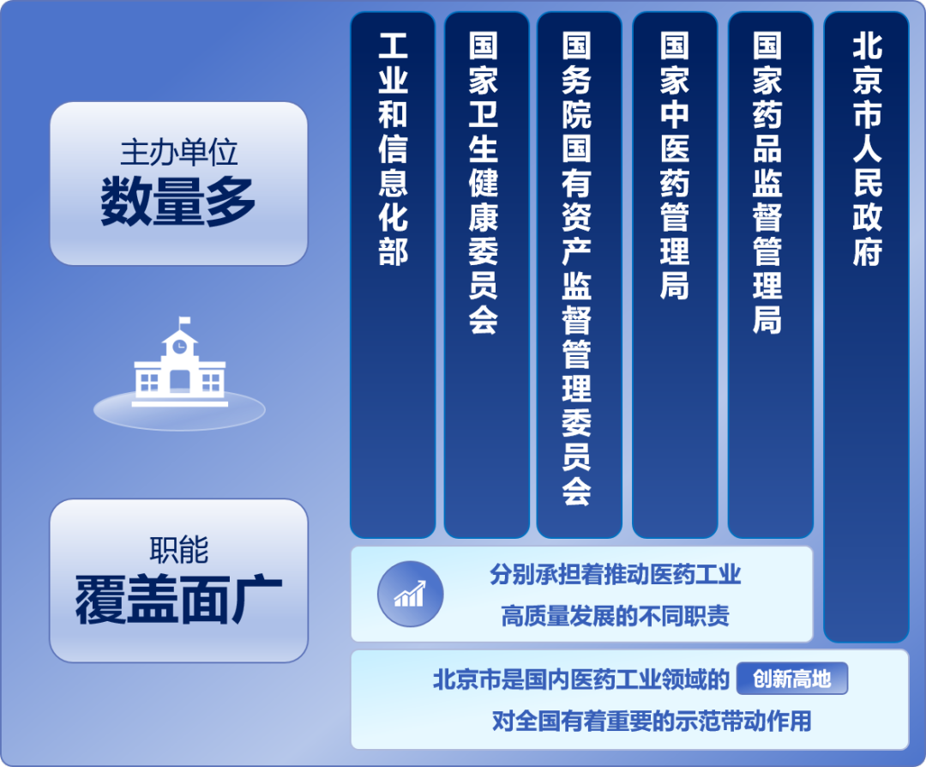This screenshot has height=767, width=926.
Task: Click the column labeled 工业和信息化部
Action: click(393, 275)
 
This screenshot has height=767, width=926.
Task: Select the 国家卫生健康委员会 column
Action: click(486, 275)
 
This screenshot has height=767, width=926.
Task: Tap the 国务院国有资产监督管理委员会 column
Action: click(579, 275)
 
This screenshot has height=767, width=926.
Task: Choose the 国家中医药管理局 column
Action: click(675, 275)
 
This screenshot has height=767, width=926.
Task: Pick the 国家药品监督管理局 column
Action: click(770, 275)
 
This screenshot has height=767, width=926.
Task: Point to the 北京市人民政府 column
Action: click(866, 326)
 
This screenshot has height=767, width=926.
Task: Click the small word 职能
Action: click(178, 551)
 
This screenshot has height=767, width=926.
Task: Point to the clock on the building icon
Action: click(179, 347)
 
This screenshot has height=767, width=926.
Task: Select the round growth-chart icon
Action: click(410, 594)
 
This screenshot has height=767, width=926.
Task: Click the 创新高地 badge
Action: click(791, 679)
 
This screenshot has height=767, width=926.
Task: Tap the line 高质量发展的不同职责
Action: click(615, 615)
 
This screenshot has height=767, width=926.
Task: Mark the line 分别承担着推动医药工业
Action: click(615, 574)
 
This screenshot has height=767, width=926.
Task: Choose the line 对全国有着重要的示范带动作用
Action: click(651, 721)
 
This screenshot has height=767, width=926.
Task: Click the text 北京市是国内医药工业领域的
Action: click(580, 680)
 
